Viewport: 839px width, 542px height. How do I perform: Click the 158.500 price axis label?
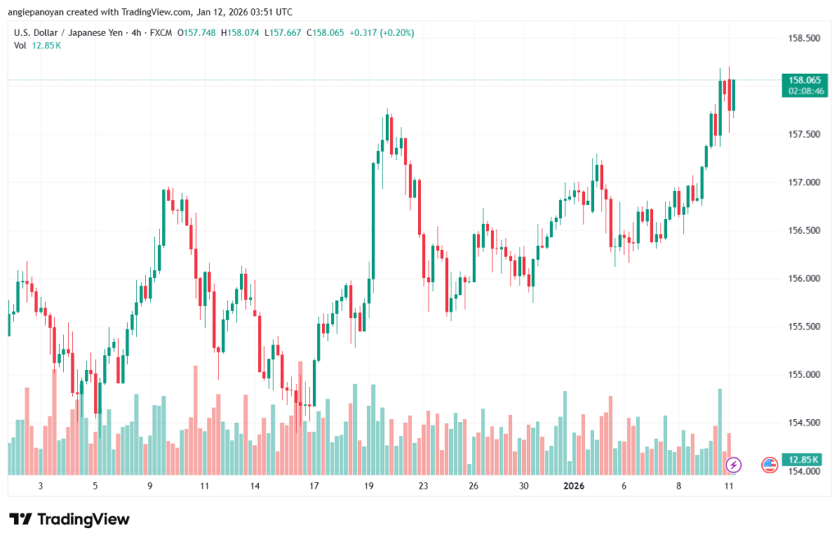pyautogui.click(x=803, y=38)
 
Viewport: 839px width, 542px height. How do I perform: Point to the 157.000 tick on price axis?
pyautogui.click(x=803, y=182)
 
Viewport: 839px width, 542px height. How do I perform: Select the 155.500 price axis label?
pyautogui.click(x=803, y=326)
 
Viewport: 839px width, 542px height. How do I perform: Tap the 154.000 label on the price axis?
pyautogui.click(x=803, y=471)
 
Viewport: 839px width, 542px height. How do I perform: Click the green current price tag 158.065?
pyautogui.click(x=804, y=80)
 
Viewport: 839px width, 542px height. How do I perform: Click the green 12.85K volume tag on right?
pyautogui.click(x=804, y=459)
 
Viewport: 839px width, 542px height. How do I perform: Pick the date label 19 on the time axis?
pyautogui.click(x=369, y=485)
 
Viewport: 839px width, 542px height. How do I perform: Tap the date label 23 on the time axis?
pyautogui.click(x=423, y=485)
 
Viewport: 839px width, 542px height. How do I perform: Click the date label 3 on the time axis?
pyautogui.click(x=40, y=485)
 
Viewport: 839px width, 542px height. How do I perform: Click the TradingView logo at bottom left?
pyautogui.click(x=69, y=519)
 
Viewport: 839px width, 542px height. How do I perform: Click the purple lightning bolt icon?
pyautogui.click(x=734, y=465)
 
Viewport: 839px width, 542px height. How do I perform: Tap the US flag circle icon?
pyautogui.click(x=769, y=465)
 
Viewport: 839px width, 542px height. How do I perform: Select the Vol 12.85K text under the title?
pyautogui.click(x=38, y=45)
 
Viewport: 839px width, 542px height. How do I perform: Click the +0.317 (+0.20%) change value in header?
pyautogui.click(x=382, y=33)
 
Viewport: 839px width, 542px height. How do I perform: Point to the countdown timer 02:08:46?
pyautogui.click(x=804, y=91)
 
